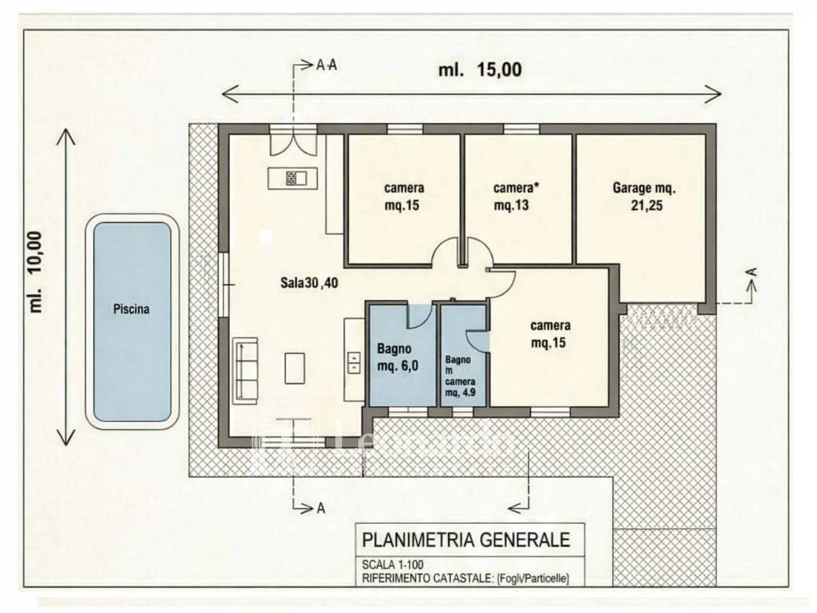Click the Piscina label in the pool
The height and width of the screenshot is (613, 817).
[x=131, y=309]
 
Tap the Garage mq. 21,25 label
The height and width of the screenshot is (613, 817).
[x=644, y=197]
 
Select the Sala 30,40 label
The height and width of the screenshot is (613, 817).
[x=310, y=284]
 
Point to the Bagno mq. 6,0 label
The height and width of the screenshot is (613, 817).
[x=398, y=358]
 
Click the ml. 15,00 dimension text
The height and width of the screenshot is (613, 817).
[x=479, y=69]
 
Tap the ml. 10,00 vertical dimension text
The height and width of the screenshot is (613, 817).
[x=35, y=271]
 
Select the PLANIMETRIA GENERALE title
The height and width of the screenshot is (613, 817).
[x=466, y=540]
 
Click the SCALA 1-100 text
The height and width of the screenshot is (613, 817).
[x=393, y=565]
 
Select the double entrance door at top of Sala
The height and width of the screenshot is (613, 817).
[x=293, y=142]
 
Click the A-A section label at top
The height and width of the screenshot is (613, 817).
[x=327, y=65]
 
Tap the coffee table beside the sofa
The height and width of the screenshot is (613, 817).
[x=295, y=368]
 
